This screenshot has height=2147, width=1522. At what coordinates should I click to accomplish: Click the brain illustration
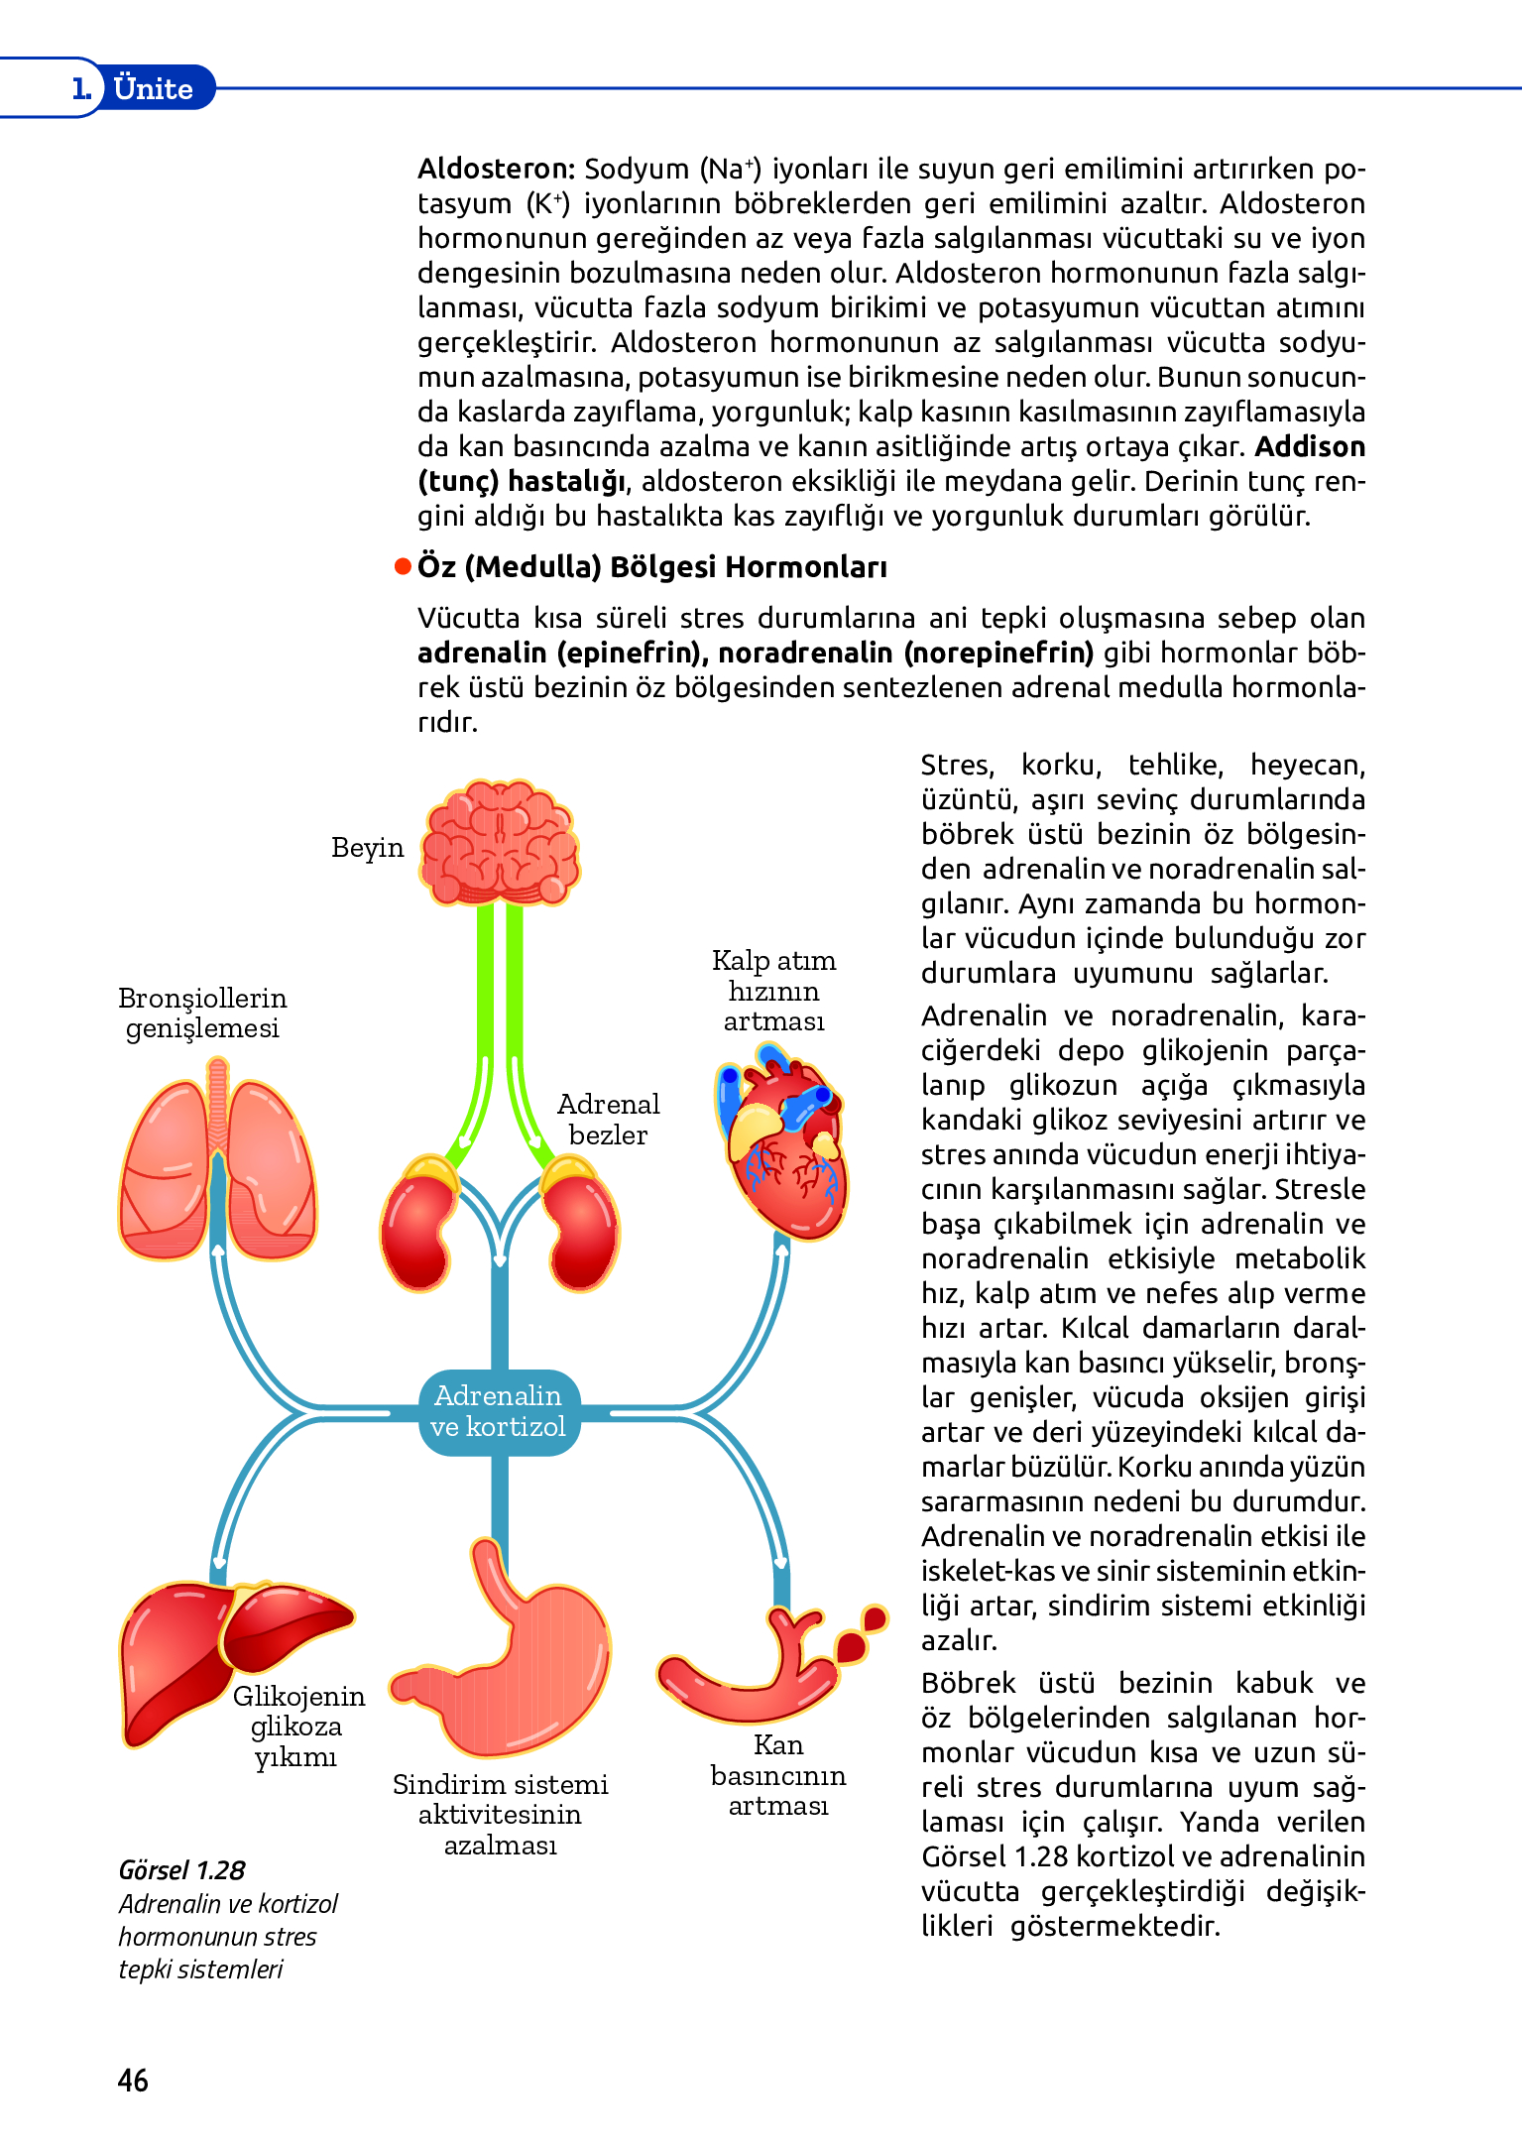click(500, 843)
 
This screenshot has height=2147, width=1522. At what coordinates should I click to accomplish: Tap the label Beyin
click(368, 848)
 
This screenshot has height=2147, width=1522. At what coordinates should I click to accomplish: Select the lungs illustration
click(217, 1165)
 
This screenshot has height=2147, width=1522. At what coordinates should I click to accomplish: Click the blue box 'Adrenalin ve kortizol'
click(499, 1411)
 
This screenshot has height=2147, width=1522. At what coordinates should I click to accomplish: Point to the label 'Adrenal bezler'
click(608, 1120)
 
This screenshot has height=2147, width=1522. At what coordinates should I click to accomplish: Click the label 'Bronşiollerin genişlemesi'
click(202, 1013)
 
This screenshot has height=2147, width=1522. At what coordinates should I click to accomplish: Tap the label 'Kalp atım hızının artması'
click(773, 990)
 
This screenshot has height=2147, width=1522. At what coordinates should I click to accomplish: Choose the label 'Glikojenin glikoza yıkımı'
click(297, 1727)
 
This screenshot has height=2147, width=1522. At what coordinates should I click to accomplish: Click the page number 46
click(133, 2080)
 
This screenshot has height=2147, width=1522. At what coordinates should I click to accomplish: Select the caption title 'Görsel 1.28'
click(181, 1870)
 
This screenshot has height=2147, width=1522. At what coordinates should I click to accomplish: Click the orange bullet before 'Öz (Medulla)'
click(403, 566)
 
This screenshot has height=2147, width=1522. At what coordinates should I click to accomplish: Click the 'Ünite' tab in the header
click(154, 88)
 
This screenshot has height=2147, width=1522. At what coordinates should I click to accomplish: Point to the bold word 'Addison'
click(1310, 446)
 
